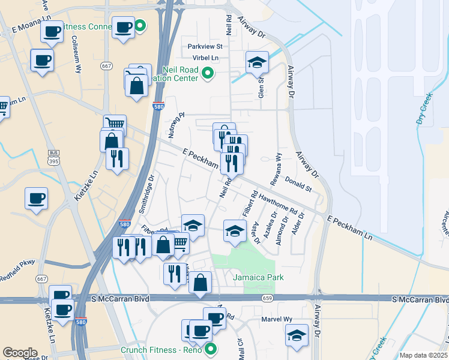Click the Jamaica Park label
pos(258,277)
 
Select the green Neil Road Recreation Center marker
pos(208,74)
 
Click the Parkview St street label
pos(205,46)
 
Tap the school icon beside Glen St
pos(257,62)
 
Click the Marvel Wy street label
pos(276,319)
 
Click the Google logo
pos(20,353)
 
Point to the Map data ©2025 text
pos(423,355)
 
